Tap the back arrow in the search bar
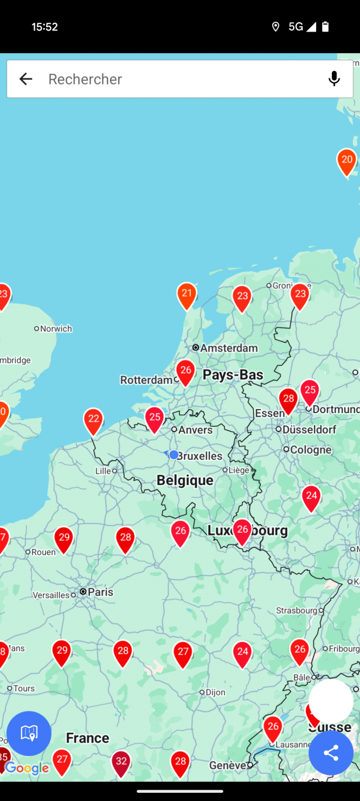[x=25, y=79]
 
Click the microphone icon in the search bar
[x=334, y=79]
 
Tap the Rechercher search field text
[x=85, y=79]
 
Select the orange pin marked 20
[x=346, y=161]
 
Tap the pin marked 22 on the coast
[x=93, y=420]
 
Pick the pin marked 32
[x=121, y=762]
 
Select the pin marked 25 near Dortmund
[x=310, y=391]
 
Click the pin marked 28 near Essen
[x=288, y=400]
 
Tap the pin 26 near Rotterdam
[x=185, y=372]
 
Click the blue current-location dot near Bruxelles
[x=173, y=455]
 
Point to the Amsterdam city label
[x=228, y=347]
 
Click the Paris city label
[x=100, y=592]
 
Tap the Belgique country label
[x=185, y=480]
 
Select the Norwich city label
[x=56, y=328]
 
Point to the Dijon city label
[x=215, y=692]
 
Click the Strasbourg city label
[x=297, y=610]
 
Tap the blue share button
[x=331, y=753]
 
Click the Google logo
[x=28, y=768]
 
